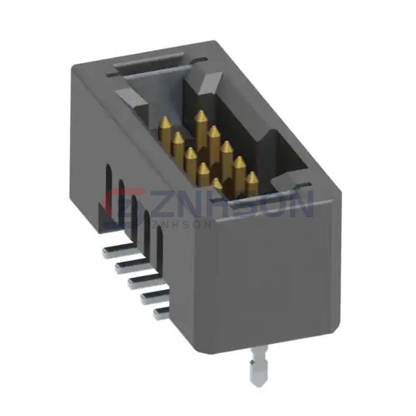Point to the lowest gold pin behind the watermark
point(217,184)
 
